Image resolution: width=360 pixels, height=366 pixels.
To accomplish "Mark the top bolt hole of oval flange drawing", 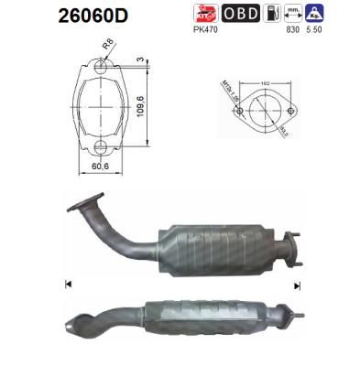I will click(x=101, y=68).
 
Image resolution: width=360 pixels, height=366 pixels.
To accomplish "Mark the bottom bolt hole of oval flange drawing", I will click(x=101, y=146).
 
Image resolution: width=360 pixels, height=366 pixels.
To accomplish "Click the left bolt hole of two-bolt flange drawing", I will click(x=239, y=113).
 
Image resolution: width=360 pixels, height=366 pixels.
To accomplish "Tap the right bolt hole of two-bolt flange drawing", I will click(x=295, y=113).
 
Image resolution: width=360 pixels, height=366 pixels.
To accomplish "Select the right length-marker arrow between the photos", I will click(x=295, y=285).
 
